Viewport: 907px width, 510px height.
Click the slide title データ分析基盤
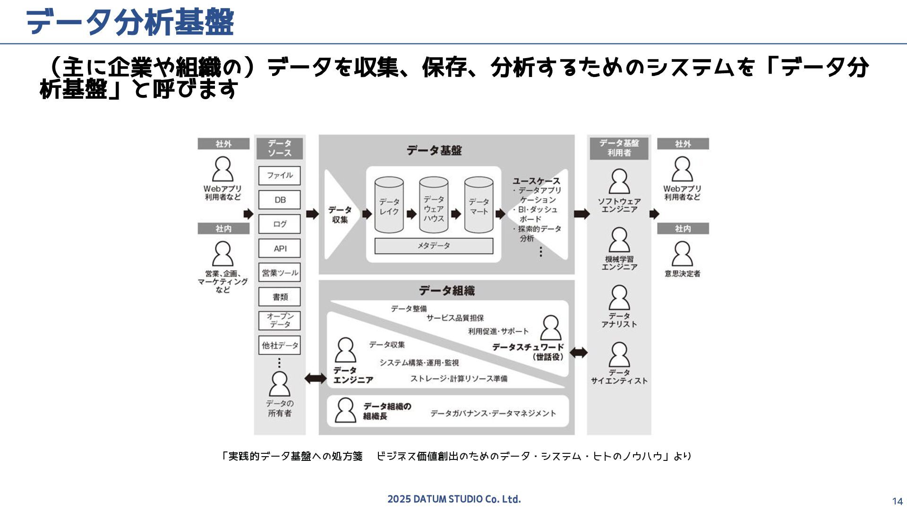(130, 22)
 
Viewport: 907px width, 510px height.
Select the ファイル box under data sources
(280, 176)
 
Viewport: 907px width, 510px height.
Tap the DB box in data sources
(280, 200)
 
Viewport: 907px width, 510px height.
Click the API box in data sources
(280, 248)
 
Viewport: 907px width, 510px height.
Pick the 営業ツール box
(280, 273)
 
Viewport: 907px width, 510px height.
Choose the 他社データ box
(280, 345)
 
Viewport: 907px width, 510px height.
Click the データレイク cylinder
(389, 205)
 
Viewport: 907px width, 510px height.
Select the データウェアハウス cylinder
(434, 205)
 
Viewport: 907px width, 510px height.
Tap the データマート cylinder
(479, 205)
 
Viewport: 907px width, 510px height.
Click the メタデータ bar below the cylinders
(434, 246)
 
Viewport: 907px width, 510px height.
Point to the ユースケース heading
(536, 181)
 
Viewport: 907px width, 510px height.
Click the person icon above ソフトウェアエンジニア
(619, 182)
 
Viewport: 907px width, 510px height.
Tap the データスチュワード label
(528, 348)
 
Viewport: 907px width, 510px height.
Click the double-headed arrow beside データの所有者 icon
(316, 378)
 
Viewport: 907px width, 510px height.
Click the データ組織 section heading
(446, 291)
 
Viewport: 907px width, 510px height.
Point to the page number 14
(897, 501)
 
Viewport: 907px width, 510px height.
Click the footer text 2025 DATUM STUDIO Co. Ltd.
(454, 499)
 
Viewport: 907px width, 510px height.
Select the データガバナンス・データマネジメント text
(493, 414)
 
